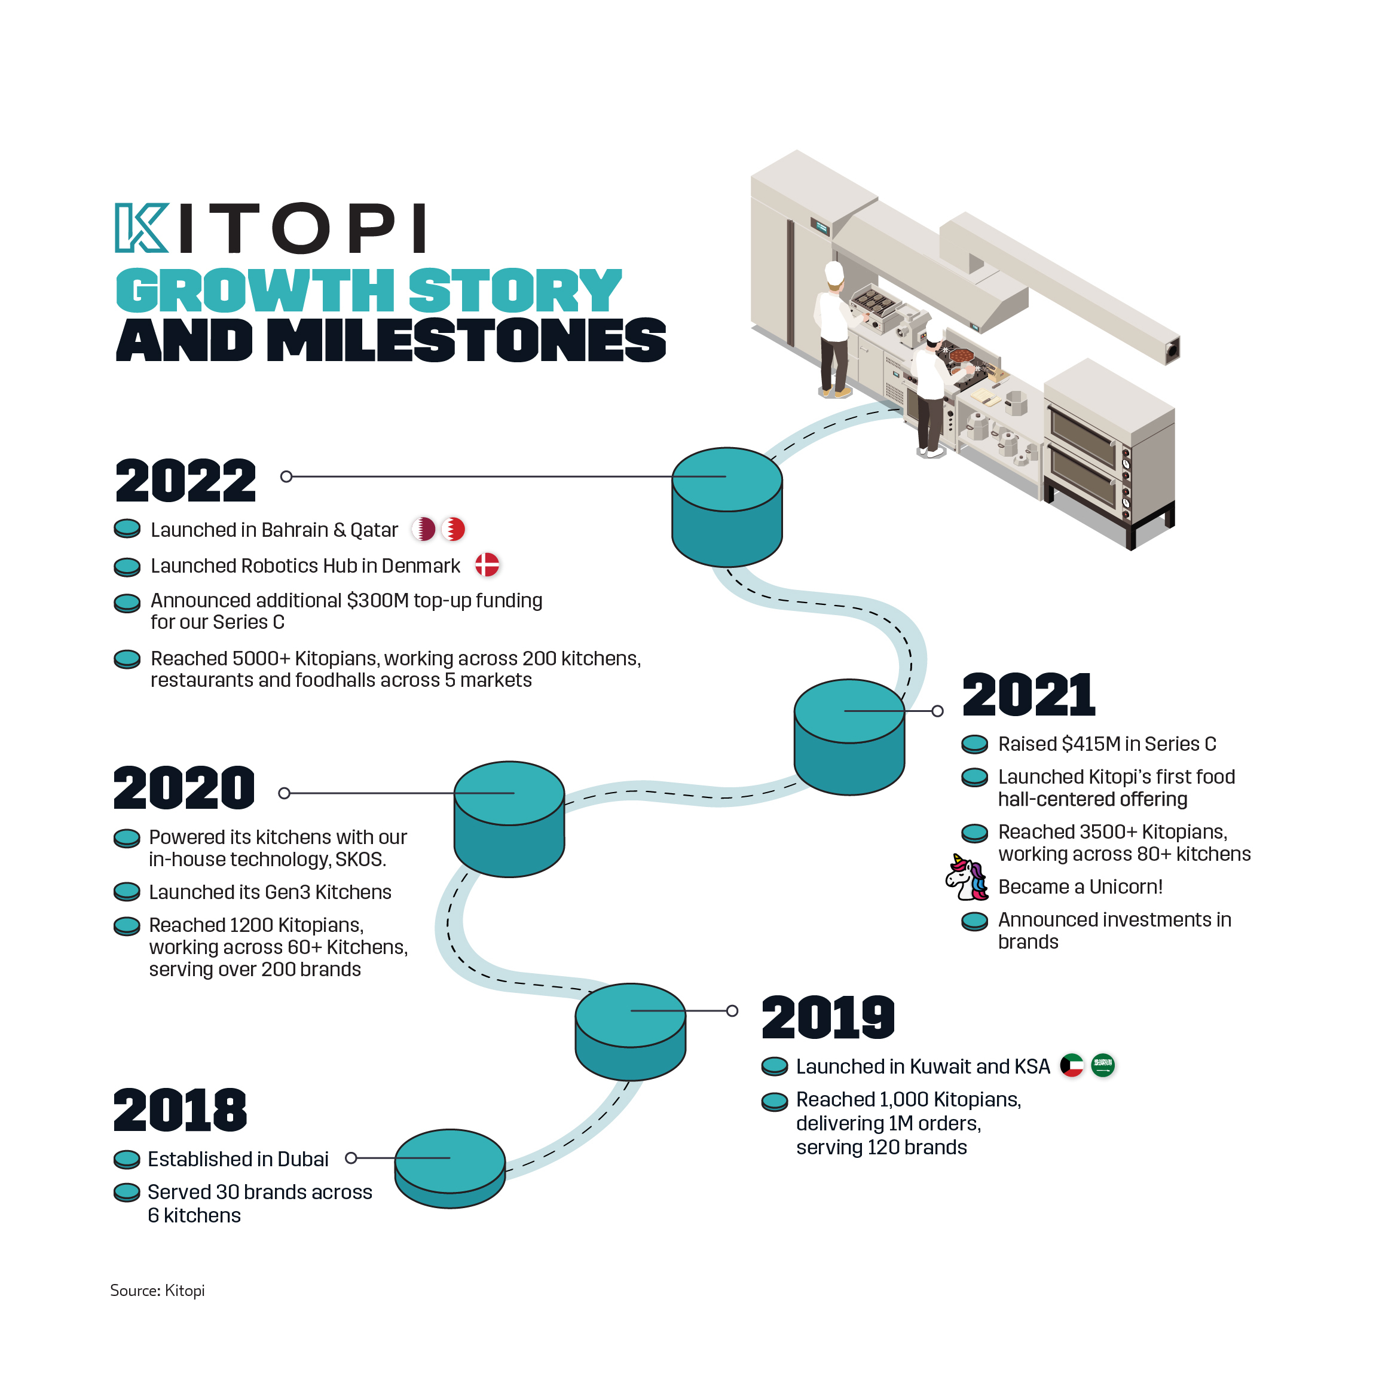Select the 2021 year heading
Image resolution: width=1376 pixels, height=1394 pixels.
(1029, 694)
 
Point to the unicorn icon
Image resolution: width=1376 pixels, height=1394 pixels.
(967, 878)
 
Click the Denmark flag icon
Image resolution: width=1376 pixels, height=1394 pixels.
(487, 564)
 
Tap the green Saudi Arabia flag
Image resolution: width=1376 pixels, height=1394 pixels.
(1102, 1065)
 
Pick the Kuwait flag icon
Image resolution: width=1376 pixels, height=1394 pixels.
(1072, 1065)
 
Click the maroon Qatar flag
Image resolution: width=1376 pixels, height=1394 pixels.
(424, 529)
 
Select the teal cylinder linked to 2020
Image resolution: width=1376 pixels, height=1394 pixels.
(509, 819)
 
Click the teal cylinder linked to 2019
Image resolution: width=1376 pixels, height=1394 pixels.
(630, 1032)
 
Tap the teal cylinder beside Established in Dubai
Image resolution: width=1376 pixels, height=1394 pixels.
(450, 1168)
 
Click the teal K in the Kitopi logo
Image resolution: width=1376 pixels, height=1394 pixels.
(142, 228)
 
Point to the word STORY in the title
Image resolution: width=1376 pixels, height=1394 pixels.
(515, 290)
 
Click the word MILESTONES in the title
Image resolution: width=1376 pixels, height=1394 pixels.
(466, 340)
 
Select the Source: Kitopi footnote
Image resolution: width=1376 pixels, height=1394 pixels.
(157, 1290)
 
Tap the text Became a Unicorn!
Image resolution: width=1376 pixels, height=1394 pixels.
(1080, 886)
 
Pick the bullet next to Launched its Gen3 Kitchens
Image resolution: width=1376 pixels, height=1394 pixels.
(127, 892)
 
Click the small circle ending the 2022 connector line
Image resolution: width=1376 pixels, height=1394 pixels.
(286, 476)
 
